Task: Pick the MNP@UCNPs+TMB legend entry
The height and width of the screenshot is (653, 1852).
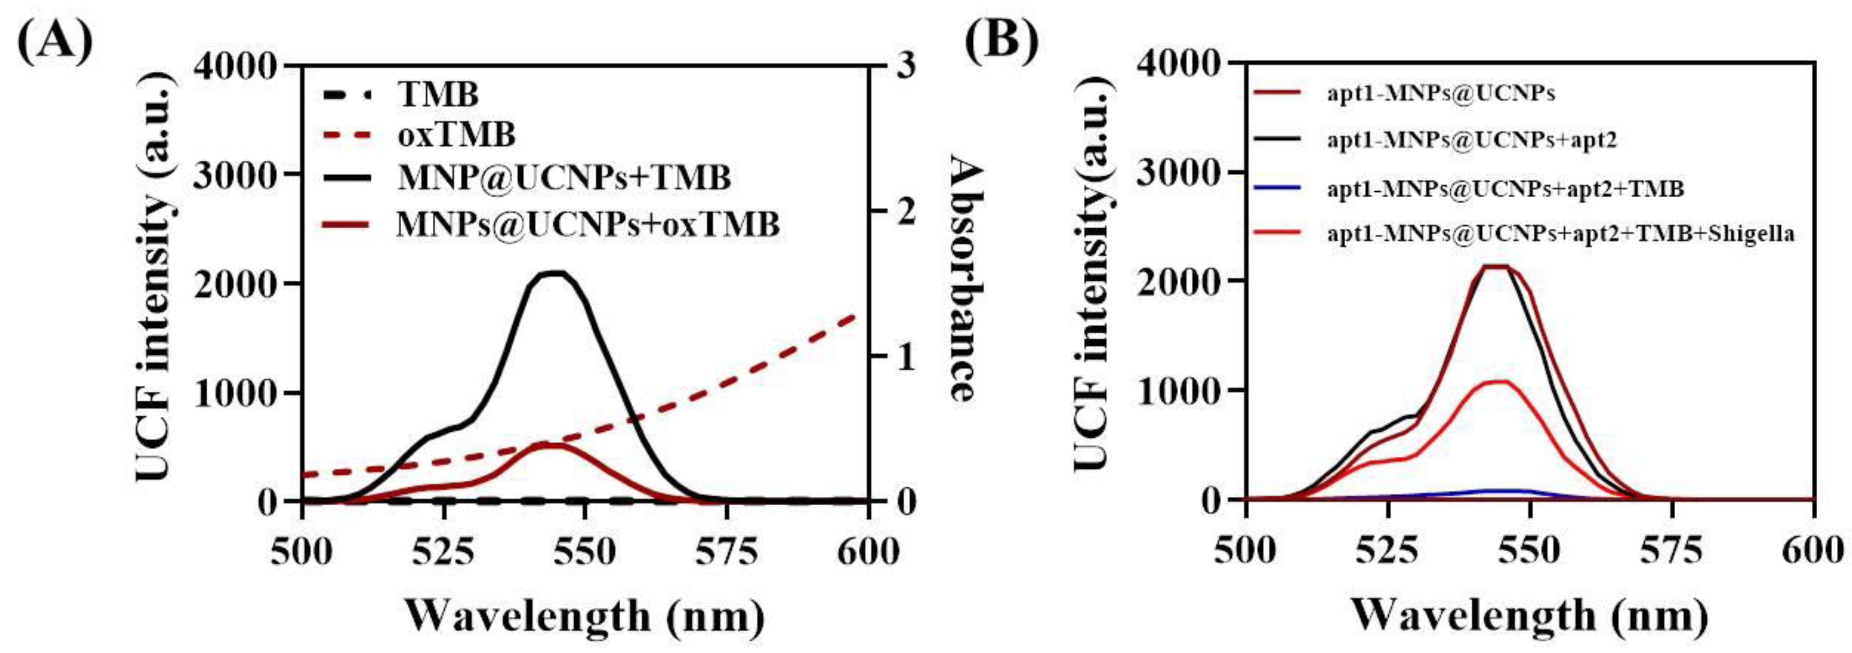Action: tap(565, 178)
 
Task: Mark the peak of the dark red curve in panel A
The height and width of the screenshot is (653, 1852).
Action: tap(554, 445)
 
